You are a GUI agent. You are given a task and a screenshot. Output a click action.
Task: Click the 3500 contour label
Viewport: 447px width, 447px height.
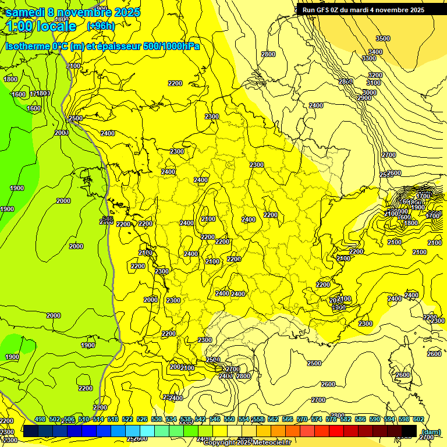click(x=382, y=38)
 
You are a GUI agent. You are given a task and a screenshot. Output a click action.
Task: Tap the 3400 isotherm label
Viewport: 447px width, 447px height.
click(x=375, y=52)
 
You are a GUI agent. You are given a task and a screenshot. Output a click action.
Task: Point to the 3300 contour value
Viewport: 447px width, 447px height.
click(x=368, y=58)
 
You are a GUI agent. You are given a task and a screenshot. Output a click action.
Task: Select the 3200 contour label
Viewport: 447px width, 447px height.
click(x=375, y=75)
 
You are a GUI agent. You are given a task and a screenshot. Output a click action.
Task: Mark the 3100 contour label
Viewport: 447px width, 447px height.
click(x=373, y=83)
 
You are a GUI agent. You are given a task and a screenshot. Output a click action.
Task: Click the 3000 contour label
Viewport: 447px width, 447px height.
click(x=369, y=93)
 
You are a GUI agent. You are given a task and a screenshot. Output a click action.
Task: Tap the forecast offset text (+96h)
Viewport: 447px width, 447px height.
click(x=101, y=26)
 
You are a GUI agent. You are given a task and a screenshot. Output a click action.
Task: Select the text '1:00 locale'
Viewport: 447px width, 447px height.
click(x=41, y=26)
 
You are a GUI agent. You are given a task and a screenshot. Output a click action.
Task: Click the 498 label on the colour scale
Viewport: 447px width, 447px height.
click(x=40, y=419)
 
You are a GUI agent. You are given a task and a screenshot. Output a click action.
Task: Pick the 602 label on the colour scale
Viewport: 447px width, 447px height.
click(x=418, y=419)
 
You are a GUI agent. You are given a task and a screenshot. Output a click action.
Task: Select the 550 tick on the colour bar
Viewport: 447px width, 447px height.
click(x=229, y=419)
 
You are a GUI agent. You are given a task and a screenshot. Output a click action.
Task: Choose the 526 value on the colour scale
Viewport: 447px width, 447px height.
click(x=142, y=419)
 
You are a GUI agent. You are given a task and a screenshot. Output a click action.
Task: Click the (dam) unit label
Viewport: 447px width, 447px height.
click(x=430, y=431)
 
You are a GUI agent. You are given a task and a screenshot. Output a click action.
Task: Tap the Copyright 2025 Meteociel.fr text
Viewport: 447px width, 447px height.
click(x=247, y=442)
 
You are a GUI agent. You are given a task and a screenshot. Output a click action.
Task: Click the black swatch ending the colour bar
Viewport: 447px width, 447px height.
click(x=409, y=431)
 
